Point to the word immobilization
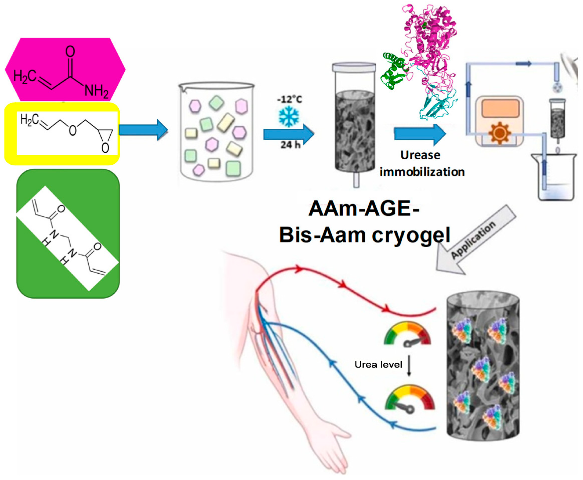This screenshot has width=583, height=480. tap(422, 172)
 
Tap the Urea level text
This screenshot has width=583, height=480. tap(378, 365)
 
